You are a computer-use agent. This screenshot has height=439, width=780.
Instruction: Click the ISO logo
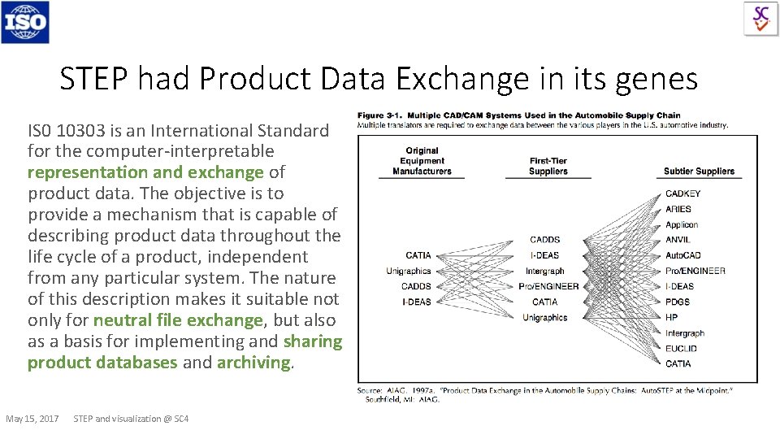tap(25, 22)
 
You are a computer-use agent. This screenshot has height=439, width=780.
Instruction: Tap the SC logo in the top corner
tap(760, 18)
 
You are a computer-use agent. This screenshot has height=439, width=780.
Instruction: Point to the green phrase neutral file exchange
tap(178, 320)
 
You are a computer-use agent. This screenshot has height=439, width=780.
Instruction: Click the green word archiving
tap(253, 363)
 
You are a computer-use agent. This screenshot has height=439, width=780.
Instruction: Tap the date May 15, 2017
tap(32, 419)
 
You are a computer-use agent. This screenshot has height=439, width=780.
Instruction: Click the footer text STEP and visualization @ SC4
tap(131, 419)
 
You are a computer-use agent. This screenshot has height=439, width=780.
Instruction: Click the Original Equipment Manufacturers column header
tap(422, 161)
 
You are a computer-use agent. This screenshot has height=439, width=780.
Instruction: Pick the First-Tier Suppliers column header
tap(548, 166)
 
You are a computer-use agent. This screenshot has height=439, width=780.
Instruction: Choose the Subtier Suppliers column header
tap(699, 172)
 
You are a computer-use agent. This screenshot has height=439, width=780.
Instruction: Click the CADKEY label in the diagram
tap(682, 193)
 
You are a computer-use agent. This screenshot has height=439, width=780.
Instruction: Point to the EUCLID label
tap(681, 348)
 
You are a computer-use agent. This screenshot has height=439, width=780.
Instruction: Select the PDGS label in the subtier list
tap(678, 302)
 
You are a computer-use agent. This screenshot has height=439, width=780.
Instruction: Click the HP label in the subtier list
tap(671, 317)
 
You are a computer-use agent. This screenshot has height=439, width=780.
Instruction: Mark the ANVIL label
tap(678, 240)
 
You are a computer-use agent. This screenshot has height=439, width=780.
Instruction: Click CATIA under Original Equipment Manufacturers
tap(418, 255)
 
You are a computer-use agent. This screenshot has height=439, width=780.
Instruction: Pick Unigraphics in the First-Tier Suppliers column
tap(544, 317)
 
